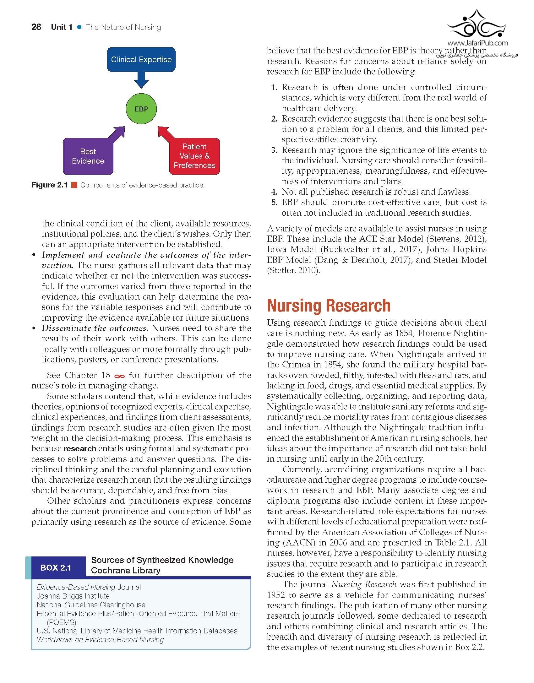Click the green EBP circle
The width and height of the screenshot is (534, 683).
(x=141, y=109)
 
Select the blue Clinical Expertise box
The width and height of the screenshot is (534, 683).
(x=141, y=60)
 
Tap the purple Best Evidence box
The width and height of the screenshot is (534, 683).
(x=88, y=156)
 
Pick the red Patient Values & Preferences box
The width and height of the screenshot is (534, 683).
(x=194, y=156)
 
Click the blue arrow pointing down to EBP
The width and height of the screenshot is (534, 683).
(x=141, y=80)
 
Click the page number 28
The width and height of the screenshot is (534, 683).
(x=36, y=27)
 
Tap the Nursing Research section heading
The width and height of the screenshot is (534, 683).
(x=329, y=306)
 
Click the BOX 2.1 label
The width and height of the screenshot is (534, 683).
(x=56, y=568)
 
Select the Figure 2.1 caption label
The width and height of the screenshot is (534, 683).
(x=50, y=185)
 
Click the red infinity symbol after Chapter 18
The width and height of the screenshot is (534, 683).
(x=120, y=376)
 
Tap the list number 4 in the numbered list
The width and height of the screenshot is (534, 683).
(x=274, y=192)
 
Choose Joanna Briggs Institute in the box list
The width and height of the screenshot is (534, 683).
(x=73, y=596)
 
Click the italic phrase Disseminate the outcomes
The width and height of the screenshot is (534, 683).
(x=95, y=328)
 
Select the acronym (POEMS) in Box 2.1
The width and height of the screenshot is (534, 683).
(x=62, y=622)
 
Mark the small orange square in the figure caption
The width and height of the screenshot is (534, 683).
(x=74, y=185)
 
